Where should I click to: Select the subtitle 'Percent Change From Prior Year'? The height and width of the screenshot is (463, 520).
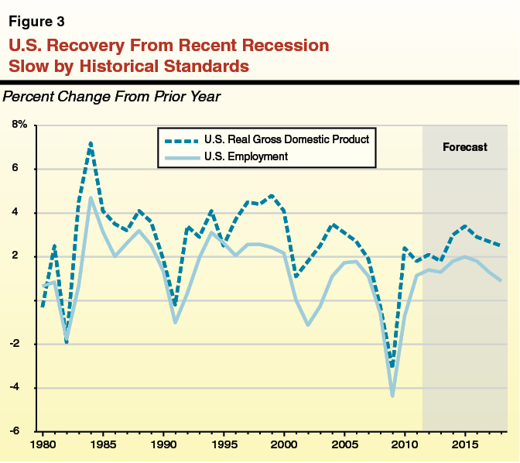[x=112, y=98]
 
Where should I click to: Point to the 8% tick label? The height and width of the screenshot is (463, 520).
[x=19, y=125]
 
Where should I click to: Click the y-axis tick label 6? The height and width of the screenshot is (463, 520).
[x=24, y=169]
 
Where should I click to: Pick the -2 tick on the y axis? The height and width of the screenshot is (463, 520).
[x=22, y=344]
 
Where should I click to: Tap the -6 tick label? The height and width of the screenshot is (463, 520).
[x=22, y=431]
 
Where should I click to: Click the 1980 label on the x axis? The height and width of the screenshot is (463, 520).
[x=43, y=445]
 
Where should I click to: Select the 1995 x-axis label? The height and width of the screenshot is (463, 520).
[x=224, y=445]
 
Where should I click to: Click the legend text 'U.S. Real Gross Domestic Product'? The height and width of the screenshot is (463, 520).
[x=286, y=140]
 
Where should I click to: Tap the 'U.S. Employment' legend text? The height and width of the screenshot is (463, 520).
[x=246, y=156]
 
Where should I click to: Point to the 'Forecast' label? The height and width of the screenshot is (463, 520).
[x=464, y=147]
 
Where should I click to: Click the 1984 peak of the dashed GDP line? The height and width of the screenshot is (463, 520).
[x=91, y=143]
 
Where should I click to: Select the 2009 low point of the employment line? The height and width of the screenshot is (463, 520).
[x=392, y=396]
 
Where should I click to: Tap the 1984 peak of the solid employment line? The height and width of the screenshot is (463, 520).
[x=91, y=197]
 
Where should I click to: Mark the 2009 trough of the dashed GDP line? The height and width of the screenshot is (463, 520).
[x=392, y=366]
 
